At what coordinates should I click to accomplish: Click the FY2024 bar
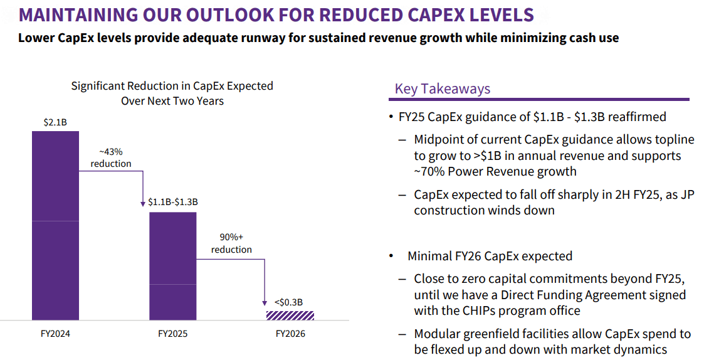click(55, 226)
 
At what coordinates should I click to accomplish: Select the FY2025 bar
click(172, 267)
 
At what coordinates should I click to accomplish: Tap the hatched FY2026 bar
click(290, 315)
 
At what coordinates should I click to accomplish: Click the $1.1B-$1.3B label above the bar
click(173, 202)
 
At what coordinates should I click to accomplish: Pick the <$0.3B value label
click(290, 302)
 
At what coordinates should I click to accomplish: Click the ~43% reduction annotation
click(111, 157)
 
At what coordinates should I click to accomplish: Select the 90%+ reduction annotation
click(231, 243)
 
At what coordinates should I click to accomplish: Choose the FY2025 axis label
click(172, 334)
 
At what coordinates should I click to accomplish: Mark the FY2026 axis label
click(290, 334)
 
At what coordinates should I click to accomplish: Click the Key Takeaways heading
click(443, 89)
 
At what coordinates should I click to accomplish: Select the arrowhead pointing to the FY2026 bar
click(265, 304)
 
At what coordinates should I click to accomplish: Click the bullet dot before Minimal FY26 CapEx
click(391, 256)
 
